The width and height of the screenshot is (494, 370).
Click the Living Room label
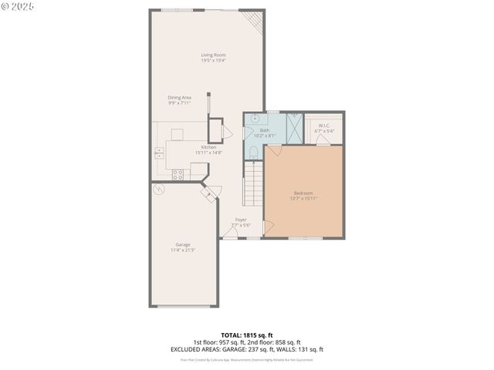tap(213, 55)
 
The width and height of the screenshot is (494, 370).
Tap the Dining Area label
tap(179, 97)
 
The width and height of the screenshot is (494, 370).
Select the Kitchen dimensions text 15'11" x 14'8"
tap(208, 153)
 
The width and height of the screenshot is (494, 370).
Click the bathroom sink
tap(255, 119)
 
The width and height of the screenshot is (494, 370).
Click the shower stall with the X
tap(294, 128)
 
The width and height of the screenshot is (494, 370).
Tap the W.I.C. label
tap(324, 125)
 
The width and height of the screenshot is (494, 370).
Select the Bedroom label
tap(303, 193)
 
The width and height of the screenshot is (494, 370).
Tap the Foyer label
tap(241, 220)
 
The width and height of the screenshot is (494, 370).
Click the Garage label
tap(183, 244)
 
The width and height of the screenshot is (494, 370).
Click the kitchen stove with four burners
tap(178, 174)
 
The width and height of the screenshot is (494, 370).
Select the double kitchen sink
tap(159, 152)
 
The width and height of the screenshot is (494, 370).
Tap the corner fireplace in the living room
tap(253, 18)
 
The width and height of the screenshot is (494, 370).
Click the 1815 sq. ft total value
tap(257, 335)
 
